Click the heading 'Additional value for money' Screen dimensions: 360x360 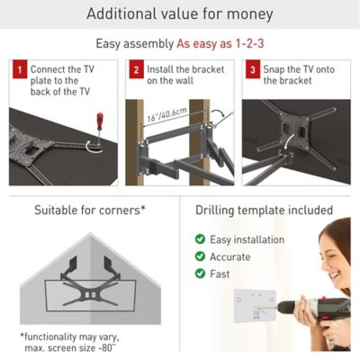(179, 14)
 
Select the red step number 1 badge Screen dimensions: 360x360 (18, 69)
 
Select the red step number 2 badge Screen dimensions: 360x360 (135, 69)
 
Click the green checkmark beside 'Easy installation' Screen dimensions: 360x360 (200, 239)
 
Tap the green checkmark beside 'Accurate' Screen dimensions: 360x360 (200, 256)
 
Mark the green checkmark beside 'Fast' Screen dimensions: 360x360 (200, 274)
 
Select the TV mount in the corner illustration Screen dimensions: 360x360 (87, 279)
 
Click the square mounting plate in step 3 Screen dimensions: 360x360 (295, 135)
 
